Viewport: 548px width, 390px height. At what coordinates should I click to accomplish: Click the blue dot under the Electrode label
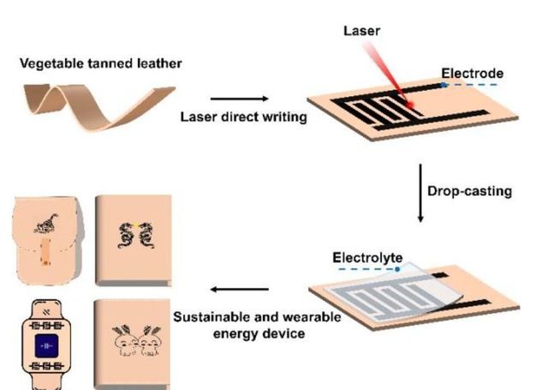pos(444,86)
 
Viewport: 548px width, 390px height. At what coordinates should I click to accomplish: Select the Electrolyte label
pos(362,257)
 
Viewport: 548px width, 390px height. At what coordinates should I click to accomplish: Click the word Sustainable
pos(211,316)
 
